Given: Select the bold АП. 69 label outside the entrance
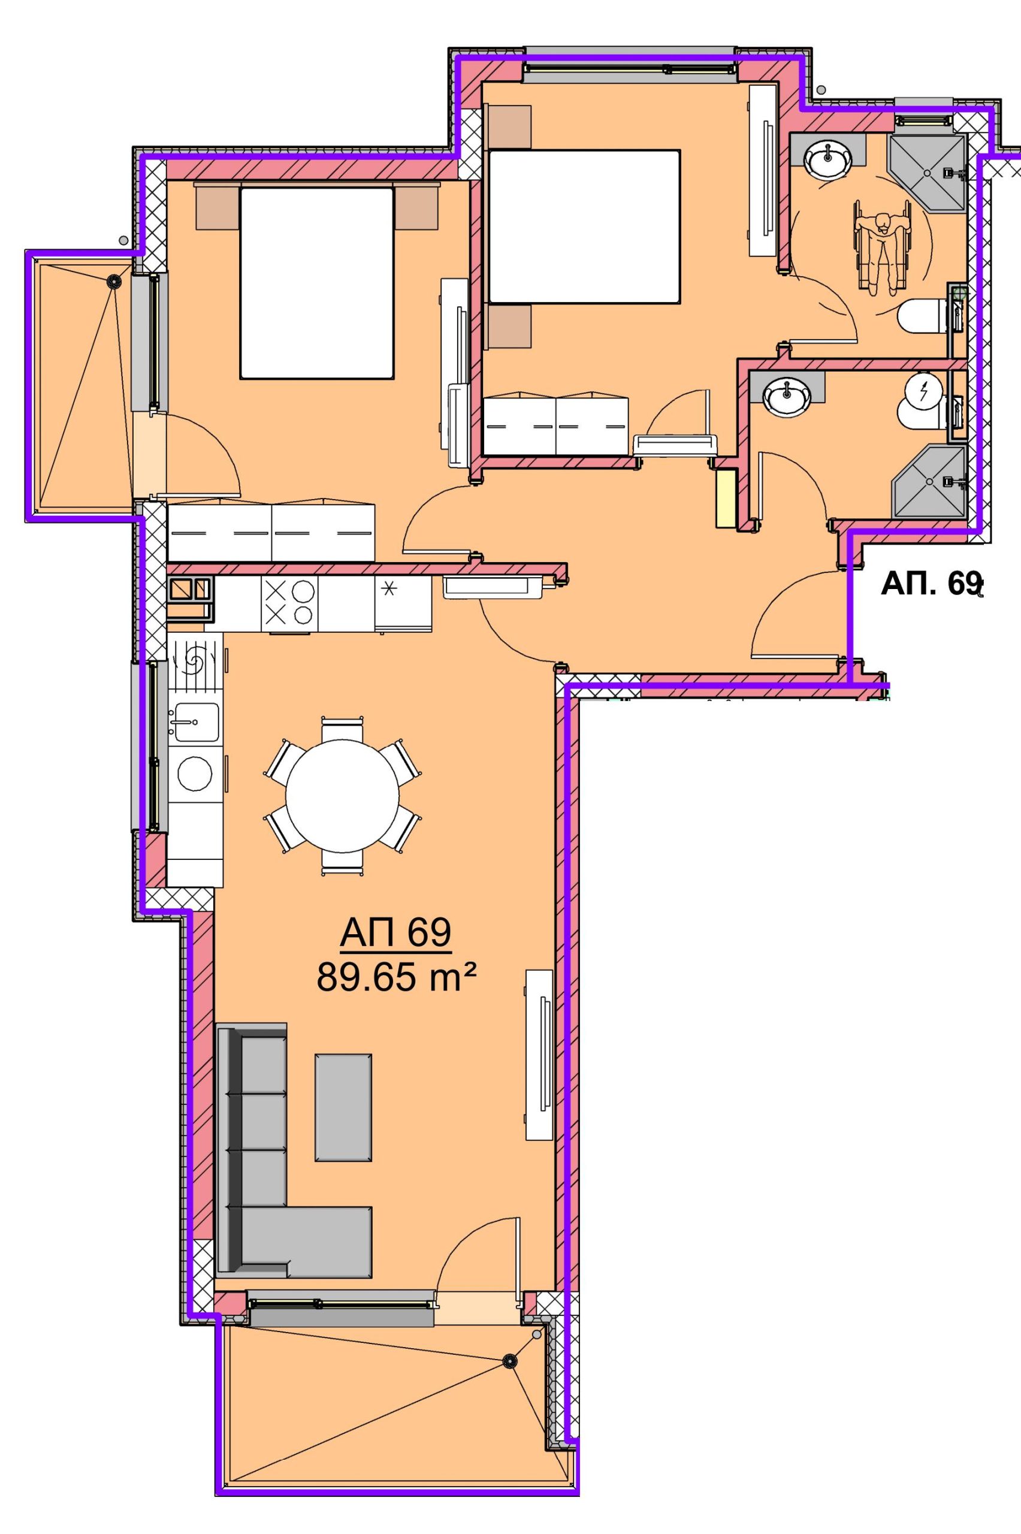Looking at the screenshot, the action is (x=931, y=584).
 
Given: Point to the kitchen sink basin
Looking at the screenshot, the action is (x=194, y=721).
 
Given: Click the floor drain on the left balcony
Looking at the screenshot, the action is (x=114, y=281).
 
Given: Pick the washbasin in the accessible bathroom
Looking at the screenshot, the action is (x=827, y=158).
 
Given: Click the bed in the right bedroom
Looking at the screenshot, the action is (x=584, y=227).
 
